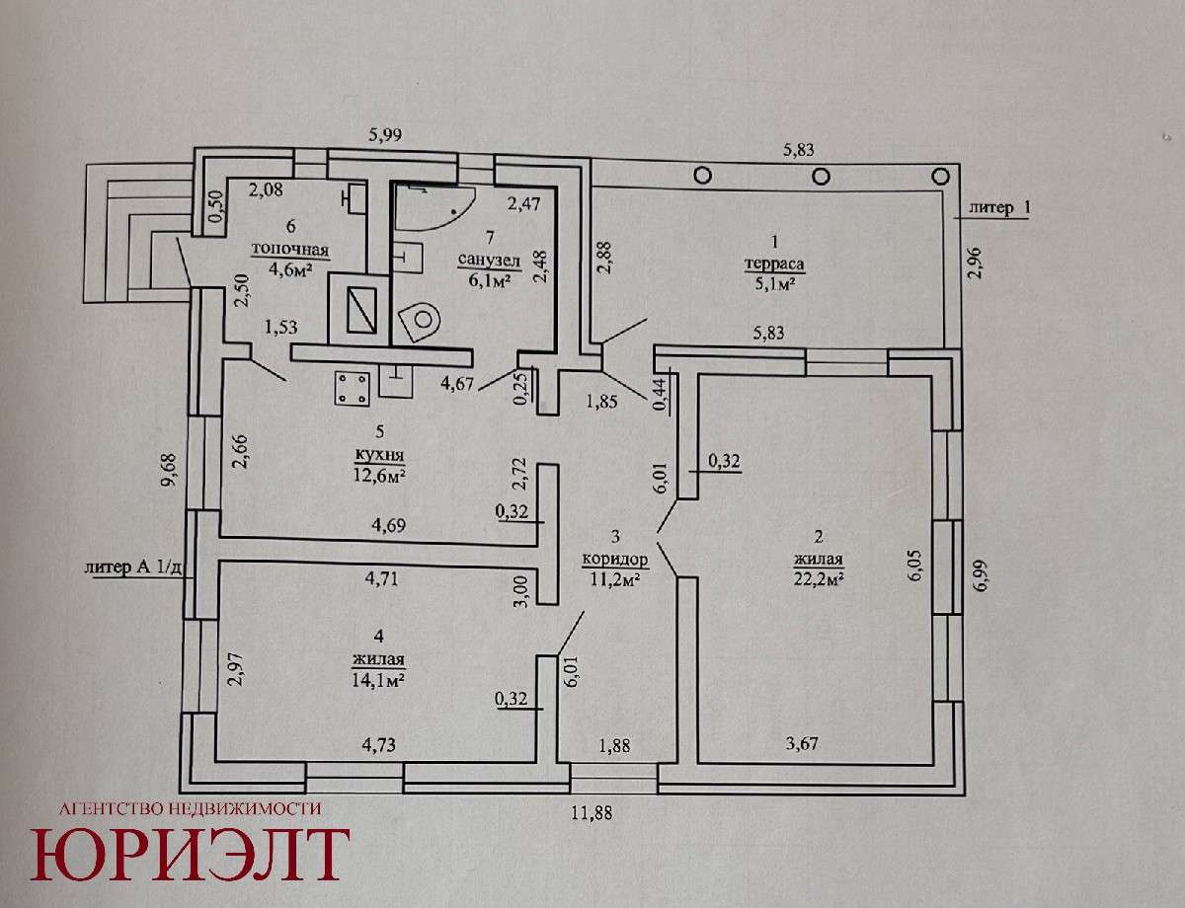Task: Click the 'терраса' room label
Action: [x=774, y=265]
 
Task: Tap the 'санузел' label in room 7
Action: [x=482, y=260]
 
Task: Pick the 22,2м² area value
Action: [x=816, y=579]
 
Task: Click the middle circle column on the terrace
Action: [x=821, y=176]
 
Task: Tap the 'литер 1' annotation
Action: [x=997, y=208]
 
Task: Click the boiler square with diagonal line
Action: [x=354, y=309]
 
